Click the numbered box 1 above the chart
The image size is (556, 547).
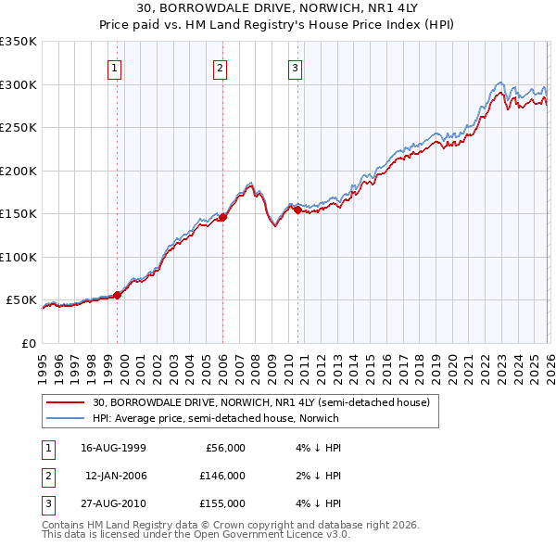(114, 67)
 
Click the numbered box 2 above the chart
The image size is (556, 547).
(220, 67)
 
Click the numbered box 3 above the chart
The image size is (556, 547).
(295, 67)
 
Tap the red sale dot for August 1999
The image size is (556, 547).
(118, 296)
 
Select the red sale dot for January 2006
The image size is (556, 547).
(222, 218)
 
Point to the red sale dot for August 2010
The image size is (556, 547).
(297, 210)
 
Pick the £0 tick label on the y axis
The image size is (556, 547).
(29, 343)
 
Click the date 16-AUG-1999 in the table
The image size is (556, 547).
(113, 447)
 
